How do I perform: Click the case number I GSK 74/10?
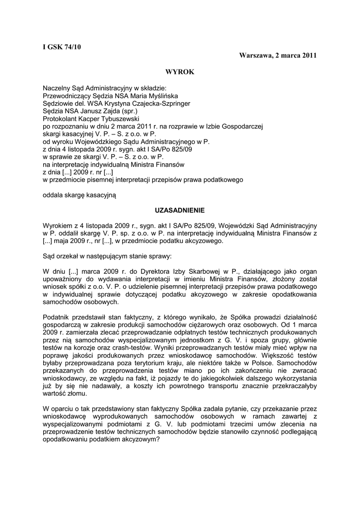click(x=62, y=47)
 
